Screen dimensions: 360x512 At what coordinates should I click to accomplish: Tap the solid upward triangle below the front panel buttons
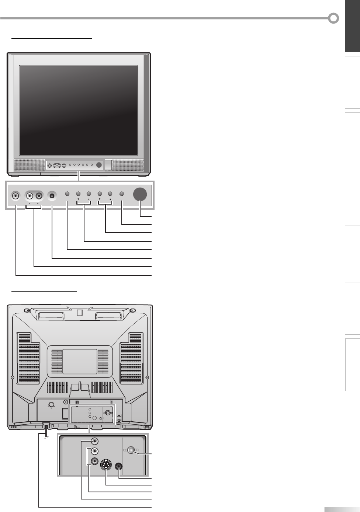tap(110, 199)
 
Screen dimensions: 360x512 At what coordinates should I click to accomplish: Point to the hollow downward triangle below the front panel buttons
tap(78, 199)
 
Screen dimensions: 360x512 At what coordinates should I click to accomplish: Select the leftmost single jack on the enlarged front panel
tap(15, 195)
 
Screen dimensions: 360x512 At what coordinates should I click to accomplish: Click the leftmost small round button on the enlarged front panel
tap(67, 194)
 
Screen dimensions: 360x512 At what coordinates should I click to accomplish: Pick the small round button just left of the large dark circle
tap(122, 194)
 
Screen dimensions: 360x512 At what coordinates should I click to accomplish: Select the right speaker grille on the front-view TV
tap(127, 165)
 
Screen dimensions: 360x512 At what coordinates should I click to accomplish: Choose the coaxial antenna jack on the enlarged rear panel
tap(131, 450)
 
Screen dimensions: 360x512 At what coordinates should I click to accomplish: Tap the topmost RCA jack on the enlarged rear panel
tap(95, 441)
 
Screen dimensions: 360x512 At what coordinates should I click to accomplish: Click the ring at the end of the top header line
tap(334, 18)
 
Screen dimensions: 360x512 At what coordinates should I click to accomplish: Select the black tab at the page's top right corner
tap(352, 26)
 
